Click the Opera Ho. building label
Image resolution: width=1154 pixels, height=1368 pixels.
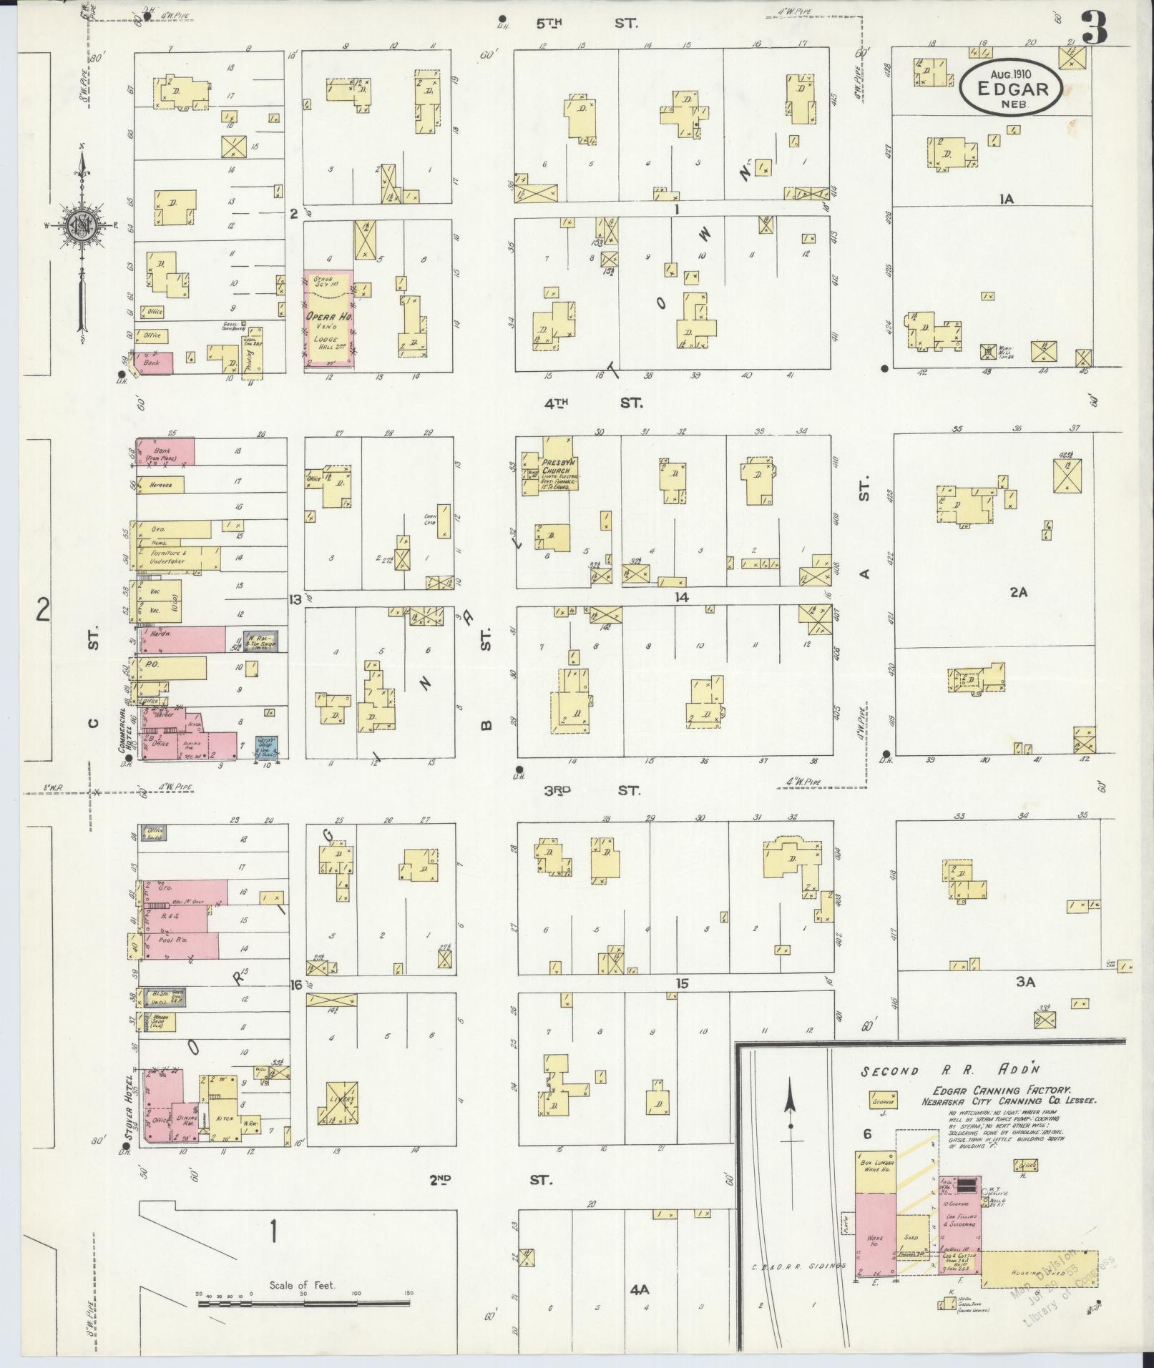tap(326, 317)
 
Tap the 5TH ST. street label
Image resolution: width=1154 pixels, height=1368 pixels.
tap(587, 24)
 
